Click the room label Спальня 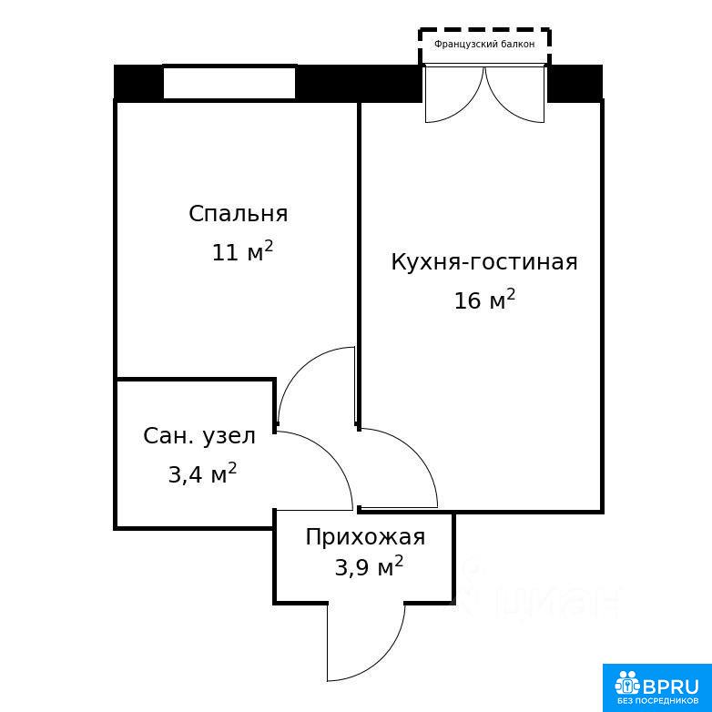[x=239, y=213]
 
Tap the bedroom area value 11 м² [x=242, y=251]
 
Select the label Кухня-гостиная [x=484, y=262]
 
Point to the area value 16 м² [x=484, y=300]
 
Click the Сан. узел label [x=199, y=436]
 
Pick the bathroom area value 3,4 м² [x=202, y=474]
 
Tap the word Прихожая [x=365, y=536]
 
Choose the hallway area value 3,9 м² [x=369, y=566]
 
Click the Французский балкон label [x=484, y=44]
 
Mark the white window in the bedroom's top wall [x=229, y=82]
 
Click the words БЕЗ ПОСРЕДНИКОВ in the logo [x=657, y=701]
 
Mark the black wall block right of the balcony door [x=575, y=84]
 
